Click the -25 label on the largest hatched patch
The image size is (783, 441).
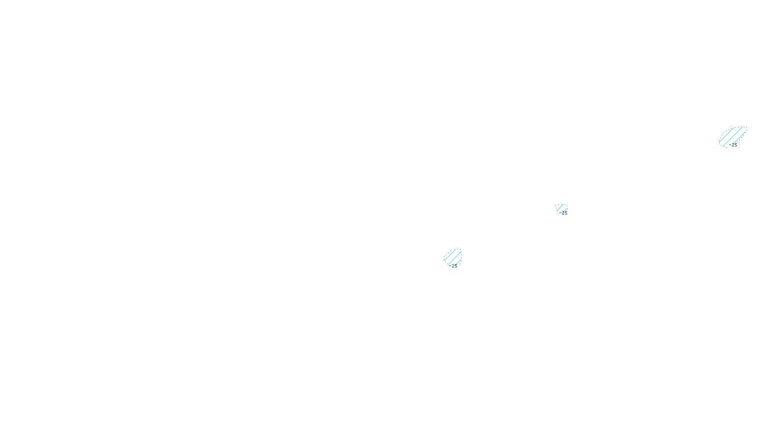[x=734, y=145]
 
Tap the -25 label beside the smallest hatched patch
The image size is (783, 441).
[x=564, y=213]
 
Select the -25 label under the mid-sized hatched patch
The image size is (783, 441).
[x=454, y=266]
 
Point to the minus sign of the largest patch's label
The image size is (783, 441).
[x=730, y=145]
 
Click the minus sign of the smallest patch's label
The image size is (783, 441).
[x=560, y=213]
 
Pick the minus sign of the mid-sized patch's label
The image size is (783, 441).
[x=450, y=266]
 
